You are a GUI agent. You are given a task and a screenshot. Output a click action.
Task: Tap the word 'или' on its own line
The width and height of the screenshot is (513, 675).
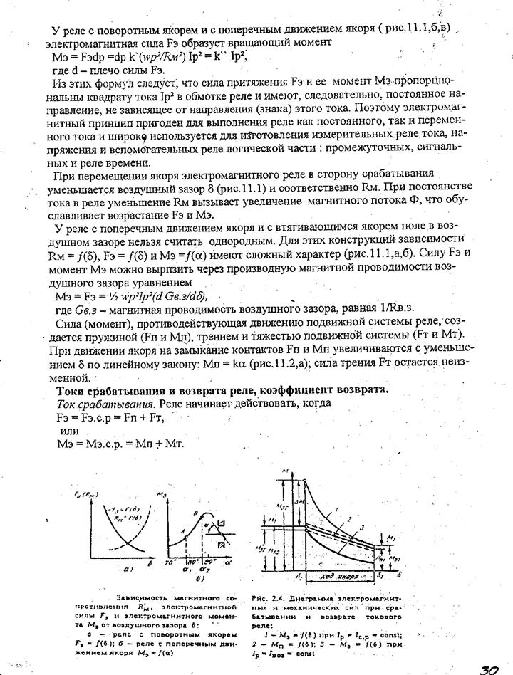[x=70, y=431]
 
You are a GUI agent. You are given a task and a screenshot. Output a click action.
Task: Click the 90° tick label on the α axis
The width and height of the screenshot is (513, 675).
[x=209, y=561]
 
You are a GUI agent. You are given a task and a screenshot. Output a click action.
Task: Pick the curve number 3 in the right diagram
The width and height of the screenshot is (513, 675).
[x=361, y=527]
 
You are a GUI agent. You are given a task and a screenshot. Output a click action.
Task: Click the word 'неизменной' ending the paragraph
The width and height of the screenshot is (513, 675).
[x=71, y=376]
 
